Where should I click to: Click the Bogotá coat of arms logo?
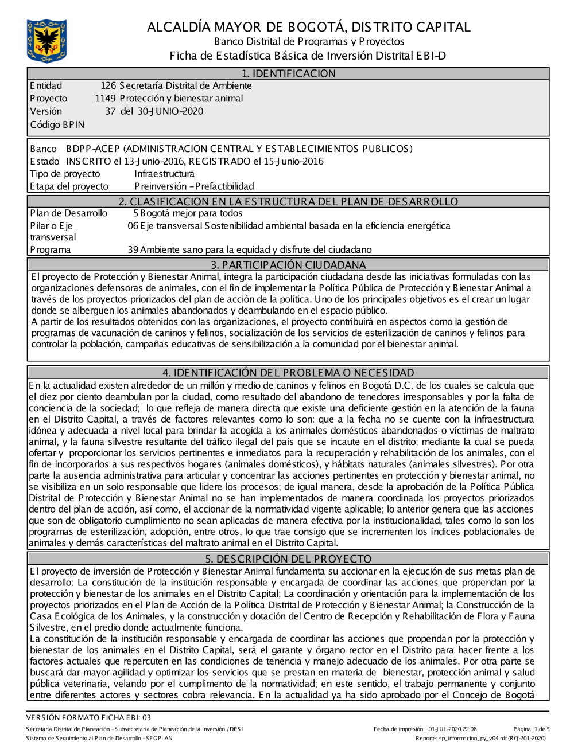coord(46,41)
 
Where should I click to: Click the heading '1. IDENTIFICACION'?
coord(288,73)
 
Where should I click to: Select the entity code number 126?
coord(108,86)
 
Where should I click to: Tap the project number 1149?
coord(106,99)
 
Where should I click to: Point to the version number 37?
coord(110,111)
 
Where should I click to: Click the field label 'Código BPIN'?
coord(57,124)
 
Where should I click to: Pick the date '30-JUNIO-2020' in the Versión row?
coord(170,111)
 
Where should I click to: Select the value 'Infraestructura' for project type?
coord(164,174)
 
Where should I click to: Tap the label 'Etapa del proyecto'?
coord(69,186)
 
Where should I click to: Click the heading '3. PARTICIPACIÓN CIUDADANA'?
coord(288,265)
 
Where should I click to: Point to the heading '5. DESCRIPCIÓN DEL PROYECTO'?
coord(288,559)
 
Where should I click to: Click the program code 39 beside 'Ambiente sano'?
coord(133,250)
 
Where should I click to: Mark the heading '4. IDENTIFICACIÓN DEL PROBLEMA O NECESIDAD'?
coord(288,373)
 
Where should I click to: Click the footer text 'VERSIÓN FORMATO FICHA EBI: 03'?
coord(88,717)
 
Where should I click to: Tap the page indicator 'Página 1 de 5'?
coord(532,729)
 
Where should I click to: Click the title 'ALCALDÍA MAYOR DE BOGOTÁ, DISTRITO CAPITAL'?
coord(309,27)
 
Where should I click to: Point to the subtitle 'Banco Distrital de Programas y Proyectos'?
coord(309,41)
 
